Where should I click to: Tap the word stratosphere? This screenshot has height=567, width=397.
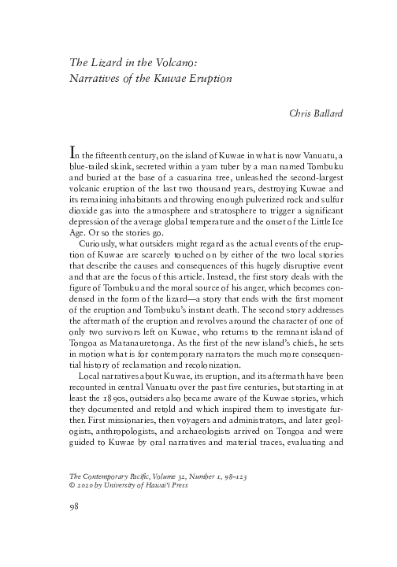point(236,209)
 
